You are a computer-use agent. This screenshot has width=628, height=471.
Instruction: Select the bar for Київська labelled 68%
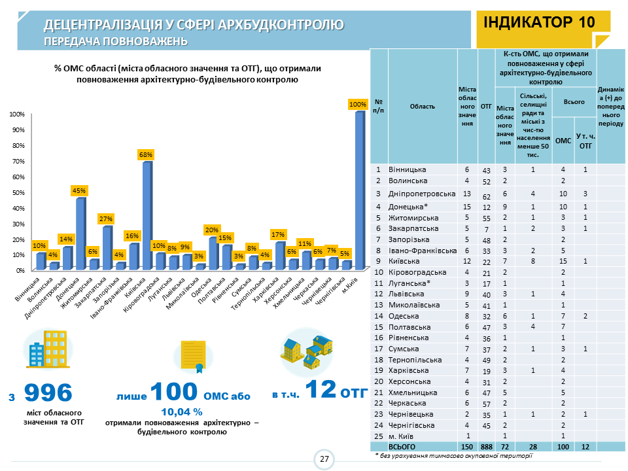click(x=147, y=216)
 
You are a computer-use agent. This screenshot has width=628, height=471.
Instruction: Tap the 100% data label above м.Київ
click(x=358, y=104)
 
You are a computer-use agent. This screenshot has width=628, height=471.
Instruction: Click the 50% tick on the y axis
click(x=17, y=192)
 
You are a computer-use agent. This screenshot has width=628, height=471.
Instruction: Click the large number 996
click(x=48, y=392)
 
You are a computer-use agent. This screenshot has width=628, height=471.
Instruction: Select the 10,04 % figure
click(x=182, y=412)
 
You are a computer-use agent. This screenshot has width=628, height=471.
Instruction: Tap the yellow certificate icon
click(x=193, y=355)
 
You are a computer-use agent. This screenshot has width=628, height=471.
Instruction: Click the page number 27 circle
click(x=324, y=459)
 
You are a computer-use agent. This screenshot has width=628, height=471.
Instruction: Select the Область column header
click(x=423, y=106)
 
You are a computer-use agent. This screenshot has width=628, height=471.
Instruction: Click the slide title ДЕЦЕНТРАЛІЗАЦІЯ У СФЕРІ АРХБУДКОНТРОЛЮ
click(x=194, y=26)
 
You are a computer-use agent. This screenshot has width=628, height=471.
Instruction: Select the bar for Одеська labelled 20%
click(x=213, y=253)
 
